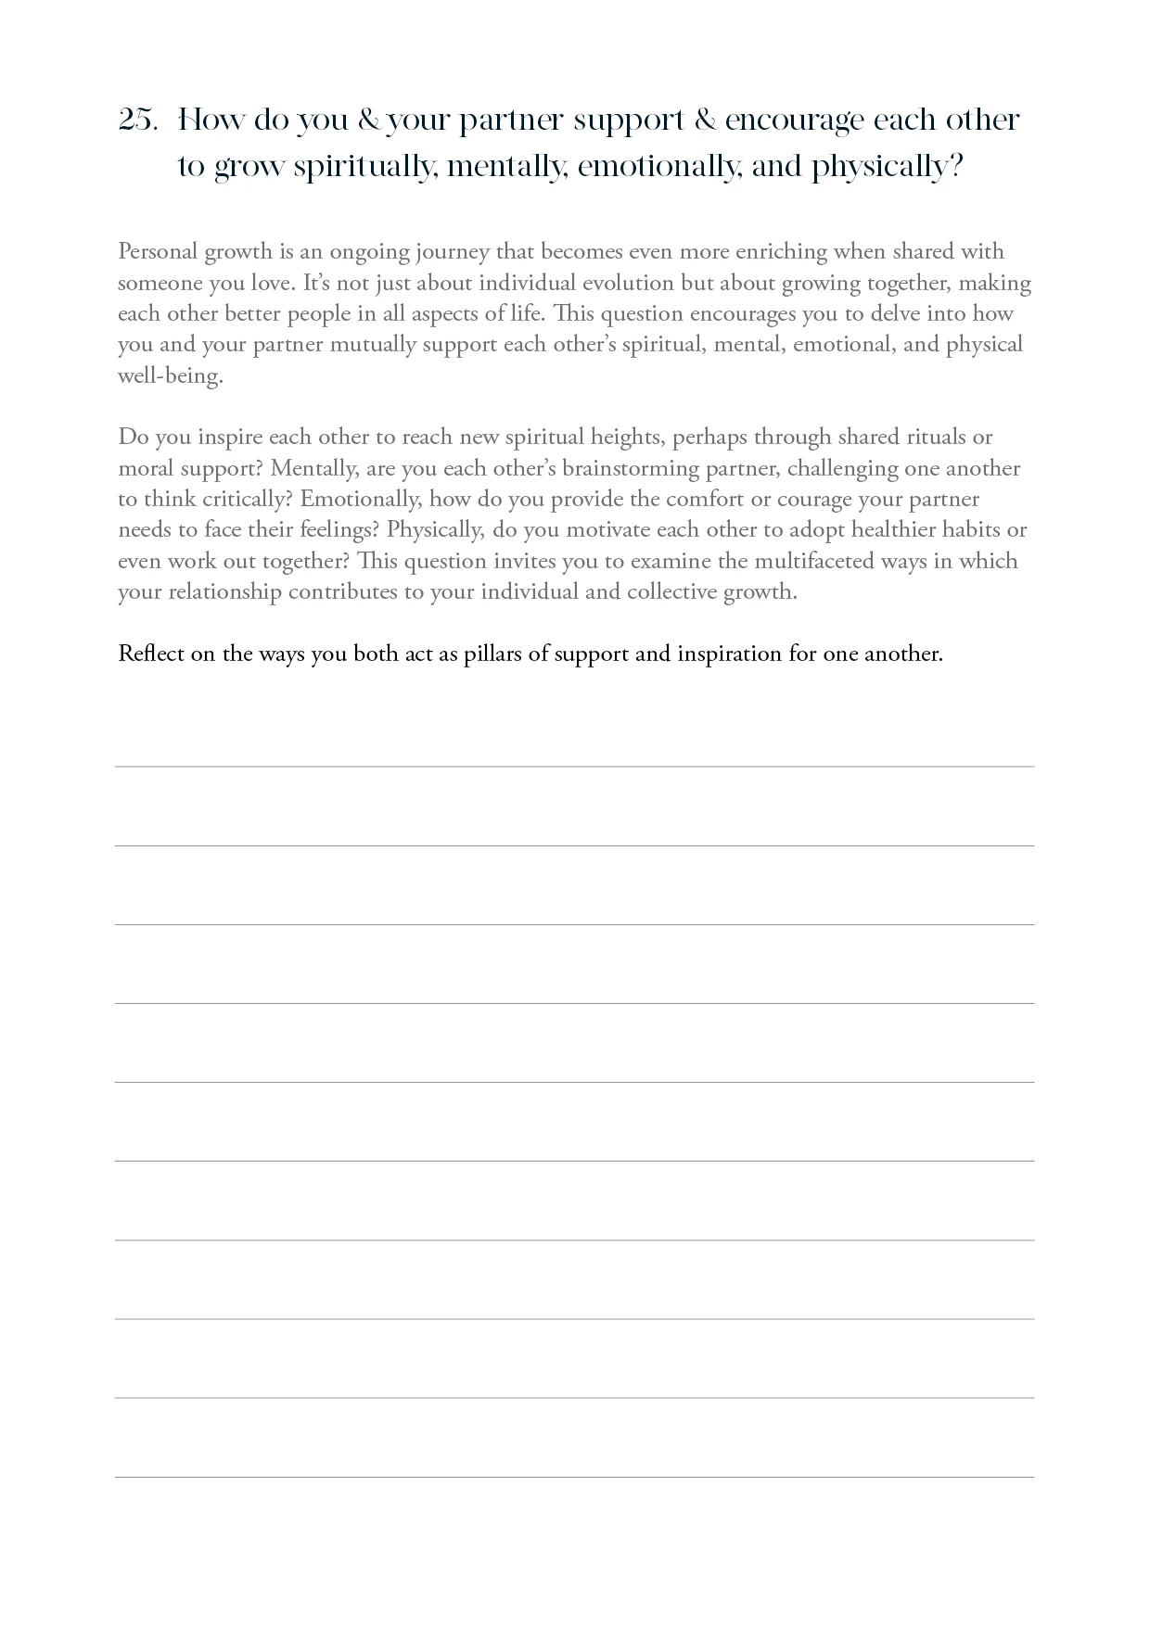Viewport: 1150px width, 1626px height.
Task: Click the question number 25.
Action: click(137, 121)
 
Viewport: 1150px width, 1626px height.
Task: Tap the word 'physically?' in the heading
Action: click(888, 168)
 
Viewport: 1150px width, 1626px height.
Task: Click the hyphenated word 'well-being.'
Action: click(171, 376)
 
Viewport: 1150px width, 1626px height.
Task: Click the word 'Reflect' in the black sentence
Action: click(151, 654)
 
